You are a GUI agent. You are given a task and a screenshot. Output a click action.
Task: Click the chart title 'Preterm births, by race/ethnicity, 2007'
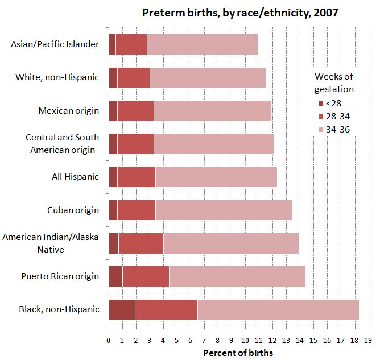click(x=240, y=13)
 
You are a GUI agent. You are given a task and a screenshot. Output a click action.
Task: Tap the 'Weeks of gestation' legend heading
click(x=334, y=83)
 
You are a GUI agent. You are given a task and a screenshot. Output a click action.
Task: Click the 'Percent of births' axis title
click(x=238, y=353)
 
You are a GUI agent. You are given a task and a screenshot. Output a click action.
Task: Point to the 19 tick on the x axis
click(x=368, y=340)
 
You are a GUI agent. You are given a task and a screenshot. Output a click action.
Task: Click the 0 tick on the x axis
click(x=108, y=340)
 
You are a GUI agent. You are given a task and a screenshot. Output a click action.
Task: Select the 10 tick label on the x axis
click(x=245, y=340)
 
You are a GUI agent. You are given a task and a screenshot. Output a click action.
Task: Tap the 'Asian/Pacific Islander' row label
click(x=55, y=44)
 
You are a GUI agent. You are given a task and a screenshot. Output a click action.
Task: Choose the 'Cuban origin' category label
click(x=73, y=210)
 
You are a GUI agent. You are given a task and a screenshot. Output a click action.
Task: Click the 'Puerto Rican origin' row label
click(x=61, y=276)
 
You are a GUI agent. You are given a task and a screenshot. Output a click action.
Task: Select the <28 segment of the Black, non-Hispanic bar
click(x=122, y=309)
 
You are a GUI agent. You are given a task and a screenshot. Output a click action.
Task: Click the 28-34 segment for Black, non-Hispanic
click(x=166, y=309)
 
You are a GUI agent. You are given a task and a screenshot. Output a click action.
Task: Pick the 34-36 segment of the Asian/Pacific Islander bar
click(x=202, y=44)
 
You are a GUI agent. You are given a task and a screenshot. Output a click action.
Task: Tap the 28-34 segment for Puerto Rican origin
click(x=146, y=276)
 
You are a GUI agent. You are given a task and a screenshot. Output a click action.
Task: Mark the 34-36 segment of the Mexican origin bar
click(x=212, y=110)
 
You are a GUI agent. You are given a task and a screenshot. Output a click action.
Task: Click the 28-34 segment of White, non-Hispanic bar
click(x=133, y=77)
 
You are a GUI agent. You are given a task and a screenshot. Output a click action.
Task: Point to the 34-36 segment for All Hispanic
click(x=216, y=177)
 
